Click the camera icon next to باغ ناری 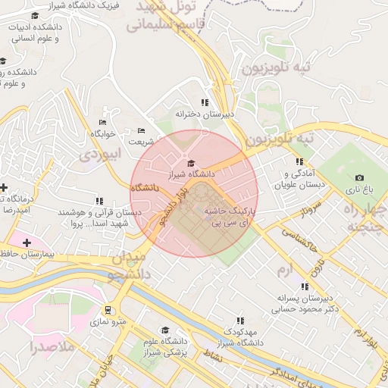coord(359,178)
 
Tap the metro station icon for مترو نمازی coord(108,309)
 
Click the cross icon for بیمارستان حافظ coord(27,242)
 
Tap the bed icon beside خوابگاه coord(103,122)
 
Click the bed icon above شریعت coord(140,130)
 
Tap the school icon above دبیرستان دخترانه coord(204,102)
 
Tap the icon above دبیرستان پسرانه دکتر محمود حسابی coord(304,286)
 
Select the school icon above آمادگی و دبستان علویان coord(299,161)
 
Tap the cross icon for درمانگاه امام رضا coord(4,187)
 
